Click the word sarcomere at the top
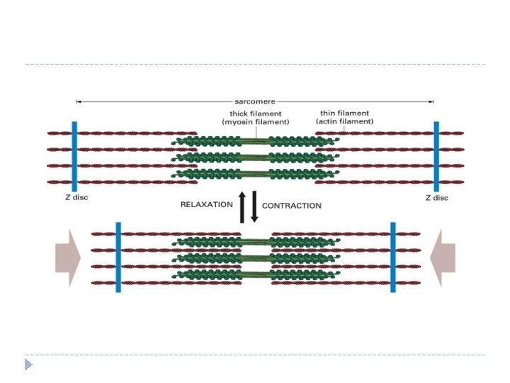[255, 101]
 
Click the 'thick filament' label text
[255, 113]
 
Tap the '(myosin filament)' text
[255, 121]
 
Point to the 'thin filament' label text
[344, 113]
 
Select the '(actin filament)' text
[344, 121]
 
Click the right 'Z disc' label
[436, 197]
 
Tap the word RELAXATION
[206, 204]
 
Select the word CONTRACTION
[292, 205]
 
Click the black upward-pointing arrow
[242, 206]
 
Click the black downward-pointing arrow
[254, 206]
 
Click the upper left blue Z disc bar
[74, 156]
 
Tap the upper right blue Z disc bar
[436, 156]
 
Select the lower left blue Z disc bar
[118, 257]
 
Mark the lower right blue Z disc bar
[392, 257]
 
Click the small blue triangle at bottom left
[28, 365]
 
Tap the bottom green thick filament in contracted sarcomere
[255, 274]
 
